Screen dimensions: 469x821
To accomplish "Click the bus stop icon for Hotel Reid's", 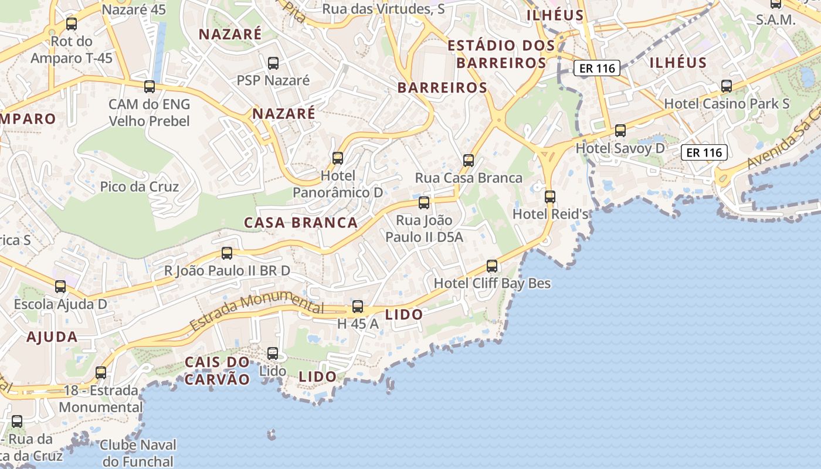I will coord(549,196).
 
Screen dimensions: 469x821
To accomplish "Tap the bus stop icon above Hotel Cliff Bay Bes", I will coord(492,266).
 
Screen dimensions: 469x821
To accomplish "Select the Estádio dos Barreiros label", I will coord(501,54).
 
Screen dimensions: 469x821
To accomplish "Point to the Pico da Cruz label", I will coord(140,186).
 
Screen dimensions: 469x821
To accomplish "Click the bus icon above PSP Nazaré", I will coord(273,63).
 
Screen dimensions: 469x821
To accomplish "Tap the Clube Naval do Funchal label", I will coord(137,453).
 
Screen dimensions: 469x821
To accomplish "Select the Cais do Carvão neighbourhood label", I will coord(218,371).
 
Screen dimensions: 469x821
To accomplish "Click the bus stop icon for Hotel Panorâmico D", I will coord(337,158).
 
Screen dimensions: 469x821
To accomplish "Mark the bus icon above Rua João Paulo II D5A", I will coord(423,203).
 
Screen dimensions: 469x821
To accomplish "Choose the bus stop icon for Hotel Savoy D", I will coord(620,131).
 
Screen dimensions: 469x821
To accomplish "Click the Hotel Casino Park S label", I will coord(727,104).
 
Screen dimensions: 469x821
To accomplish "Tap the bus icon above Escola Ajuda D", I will coord(60,286).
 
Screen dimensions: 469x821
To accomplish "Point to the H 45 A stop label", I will coord(358,323).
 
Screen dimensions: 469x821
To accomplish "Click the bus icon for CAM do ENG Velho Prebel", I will coord(149,87).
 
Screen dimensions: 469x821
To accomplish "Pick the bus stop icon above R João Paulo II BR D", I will coord(226,253).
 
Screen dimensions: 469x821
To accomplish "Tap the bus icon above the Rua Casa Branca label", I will coord(468,160).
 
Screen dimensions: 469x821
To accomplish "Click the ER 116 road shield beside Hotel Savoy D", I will coord(704,153).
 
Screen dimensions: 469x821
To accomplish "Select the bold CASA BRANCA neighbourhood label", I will coord(301,223).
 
